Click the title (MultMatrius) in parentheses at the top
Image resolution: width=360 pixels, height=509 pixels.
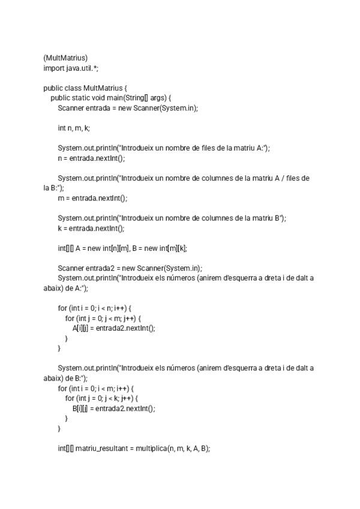tap(65, 58)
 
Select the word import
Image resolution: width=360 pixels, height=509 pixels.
tap(53, 68)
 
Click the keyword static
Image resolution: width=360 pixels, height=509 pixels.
tap(80, 98)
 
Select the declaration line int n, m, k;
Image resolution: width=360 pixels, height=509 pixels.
tap(74, 128)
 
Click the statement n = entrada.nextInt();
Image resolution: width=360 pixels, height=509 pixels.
tap(91, 158)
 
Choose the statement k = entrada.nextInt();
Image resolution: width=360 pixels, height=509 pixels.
tap(91, 228)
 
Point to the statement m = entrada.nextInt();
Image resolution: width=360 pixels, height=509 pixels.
tap(92, 198)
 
